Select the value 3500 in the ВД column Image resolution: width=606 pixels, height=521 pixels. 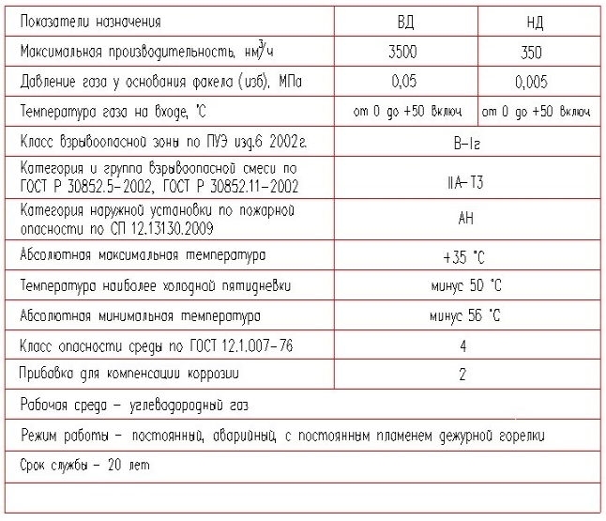(402, 52)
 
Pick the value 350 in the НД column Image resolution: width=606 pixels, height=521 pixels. (536, 53)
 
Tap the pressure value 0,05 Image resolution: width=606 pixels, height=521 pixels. (402, 82)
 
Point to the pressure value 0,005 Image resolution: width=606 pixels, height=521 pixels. (536, 82)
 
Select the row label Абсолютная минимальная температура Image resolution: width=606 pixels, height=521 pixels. (140, 315)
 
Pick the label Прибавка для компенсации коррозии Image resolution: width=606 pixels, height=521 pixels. (130, 375)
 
